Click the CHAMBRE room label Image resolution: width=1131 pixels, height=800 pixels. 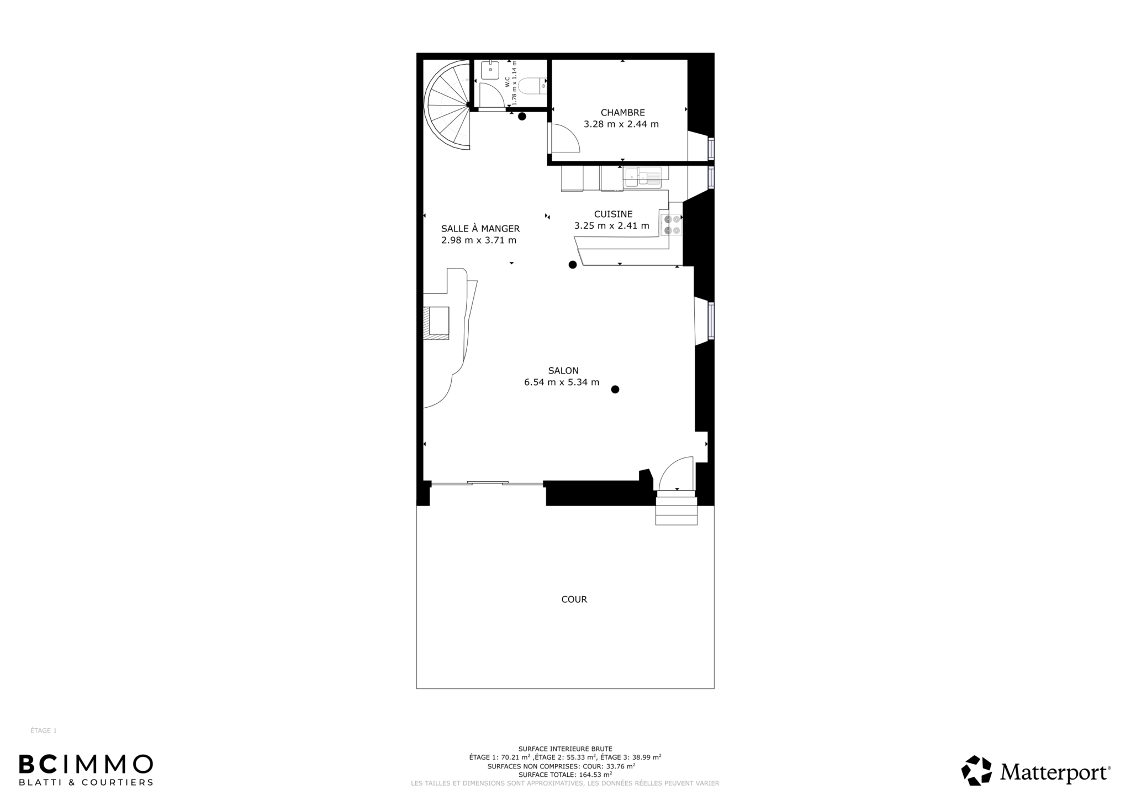coord(622,113)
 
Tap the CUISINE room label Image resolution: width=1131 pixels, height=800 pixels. coord(613,214)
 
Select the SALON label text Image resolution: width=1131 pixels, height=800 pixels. coord(563,371)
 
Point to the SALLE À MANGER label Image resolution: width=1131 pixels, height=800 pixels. coord(480,229)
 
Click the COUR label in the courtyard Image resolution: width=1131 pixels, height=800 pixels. coord(574,599)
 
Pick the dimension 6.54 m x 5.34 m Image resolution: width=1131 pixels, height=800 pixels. coord(562,382)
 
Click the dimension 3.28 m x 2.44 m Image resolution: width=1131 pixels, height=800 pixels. coord(621,124)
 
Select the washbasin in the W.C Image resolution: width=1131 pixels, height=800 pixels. coord(490,70)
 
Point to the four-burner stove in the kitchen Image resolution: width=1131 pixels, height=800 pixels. coord(672,224)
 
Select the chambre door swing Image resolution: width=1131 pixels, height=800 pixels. coord(564,138)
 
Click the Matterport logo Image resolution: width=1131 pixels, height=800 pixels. coord(1036,771)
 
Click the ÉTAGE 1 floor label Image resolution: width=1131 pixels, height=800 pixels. coord(44,730)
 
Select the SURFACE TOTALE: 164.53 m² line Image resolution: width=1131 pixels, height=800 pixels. coord(565,775)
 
